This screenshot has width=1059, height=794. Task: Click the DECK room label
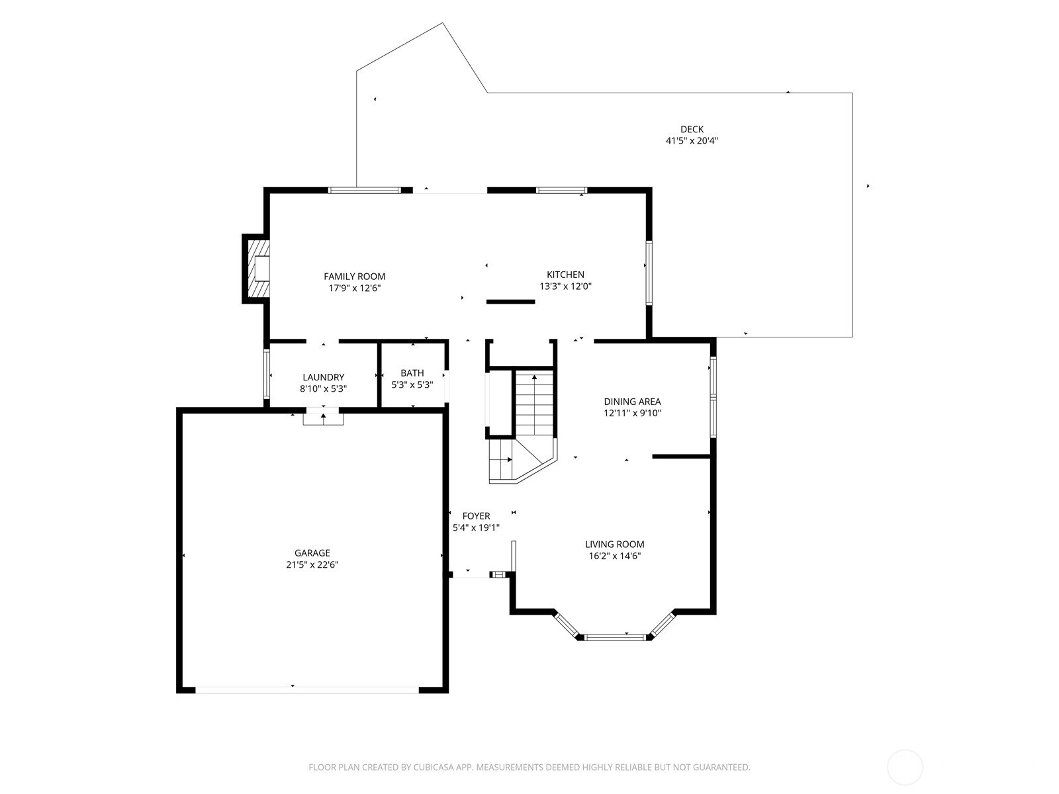692,129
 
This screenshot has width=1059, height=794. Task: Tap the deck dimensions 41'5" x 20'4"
692,141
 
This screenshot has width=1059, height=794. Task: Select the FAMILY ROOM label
354,276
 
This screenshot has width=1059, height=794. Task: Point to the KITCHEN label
565,275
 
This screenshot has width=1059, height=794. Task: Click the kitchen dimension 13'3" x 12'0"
565,287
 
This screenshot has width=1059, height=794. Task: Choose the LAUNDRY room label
323,377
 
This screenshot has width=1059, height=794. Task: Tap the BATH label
412,373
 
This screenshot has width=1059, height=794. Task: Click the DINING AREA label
632,401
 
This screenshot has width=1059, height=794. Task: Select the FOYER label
476,516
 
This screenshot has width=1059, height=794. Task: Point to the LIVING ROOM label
614,545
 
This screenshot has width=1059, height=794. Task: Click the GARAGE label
312,553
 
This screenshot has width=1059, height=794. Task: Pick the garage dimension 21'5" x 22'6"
312,564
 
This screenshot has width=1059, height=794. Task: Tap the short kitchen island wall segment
510,302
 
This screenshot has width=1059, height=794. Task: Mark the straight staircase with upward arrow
534,403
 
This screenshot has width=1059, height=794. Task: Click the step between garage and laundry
323,417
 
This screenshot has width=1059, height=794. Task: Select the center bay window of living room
614,638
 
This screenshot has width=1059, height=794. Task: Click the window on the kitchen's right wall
649,273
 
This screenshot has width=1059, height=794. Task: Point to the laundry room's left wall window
266,374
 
